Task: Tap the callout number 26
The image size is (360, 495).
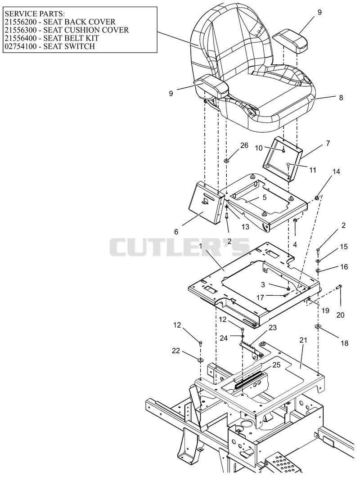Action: tap(244, 145)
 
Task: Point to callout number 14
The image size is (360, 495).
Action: tap(336, 172)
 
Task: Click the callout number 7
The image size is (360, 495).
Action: tap(328, 144)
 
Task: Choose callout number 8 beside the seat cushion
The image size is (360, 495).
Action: tap(341, 98)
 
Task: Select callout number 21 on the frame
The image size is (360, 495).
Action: tap(303, 340)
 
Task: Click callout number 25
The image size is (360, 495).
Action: tap(276, 365)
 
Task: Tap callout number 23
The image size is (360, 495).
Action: tap(273, 328)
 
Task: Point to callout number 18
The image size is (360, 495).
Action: tap(345, 343)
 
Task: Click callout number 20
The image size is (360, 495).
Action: tap(340, 315)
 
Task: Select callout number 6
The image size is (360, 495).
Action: tap(176, 232)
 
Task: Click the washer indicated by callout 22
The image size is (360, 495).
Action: tap(201, 360)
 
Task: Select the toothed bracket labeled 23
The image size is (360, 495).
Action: tap(251, 349)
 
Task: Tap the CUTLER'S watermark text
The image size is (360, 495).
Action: tap(180, 247)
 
